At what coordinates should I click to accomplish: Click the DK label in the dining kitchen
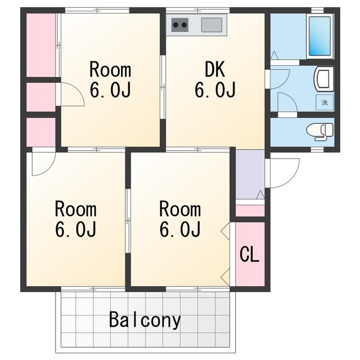click(215, 69)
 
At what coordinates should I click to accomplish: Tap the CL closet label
click(250, 254)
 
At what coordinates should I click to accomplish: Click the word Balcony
click(145, 320)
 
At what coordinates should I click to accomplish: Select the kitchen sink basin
click(211, 25)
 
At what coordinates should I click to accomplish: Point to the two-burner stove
click(180, 25)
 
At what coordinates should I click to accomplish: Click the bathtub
click(319, 35)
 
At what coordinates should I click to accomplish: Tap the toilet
click(320, 132)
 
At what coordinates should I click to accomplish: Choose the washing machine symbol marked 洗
click(325, 102)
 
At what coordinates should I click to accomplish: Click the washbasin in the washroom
click(323, 78)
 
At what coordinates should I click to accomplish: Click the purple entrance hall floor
click(250, 174)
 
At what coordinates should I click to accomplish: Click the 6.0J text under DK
click(215, 89)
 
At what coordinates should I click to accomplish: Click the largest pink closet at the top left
click(41, 45)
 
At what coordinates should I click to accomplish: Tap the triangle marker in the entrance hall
click(260, 195)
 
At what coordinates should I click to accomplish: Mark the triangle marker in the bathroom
click(274, 55)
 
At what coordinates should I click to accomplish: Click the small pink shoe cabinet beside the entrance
click(250, 211)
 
